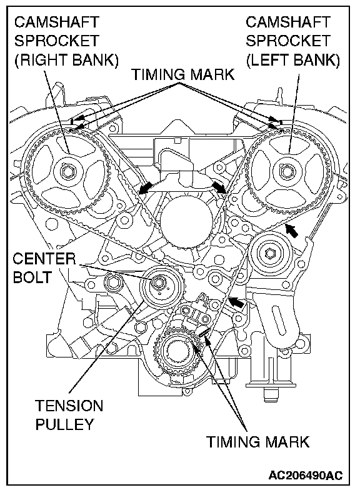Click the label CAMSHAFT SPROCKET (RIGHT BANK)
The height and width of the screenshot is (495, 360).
point(66,41)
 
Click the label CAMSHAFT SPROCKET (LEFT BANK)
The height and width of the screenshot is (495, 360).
point(292,41)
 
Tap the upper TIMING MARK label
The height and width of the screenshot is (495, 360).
point(183,74)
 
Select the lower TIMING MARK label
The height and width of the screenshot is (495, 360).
point(258,441)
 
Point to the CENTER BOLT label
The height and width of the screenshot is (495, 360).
point(44,268)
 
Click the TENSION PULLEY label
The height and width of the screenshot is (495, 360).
point(69,415)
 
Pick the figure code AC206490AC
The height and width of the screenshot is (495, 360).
point(306,476)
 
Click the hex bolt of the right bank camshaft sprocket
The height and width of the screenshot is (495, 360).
point(68,172)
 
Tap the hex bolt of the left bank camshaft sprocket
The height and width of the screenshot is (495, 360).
point(287,172)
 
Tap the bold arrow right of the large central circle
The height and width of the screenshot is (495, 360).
point(219,186)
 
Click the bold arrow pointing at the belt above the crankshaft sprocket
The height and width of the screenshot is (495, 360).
point(237,302)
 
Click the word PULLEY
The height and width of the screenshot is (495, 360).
point(65,424)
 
